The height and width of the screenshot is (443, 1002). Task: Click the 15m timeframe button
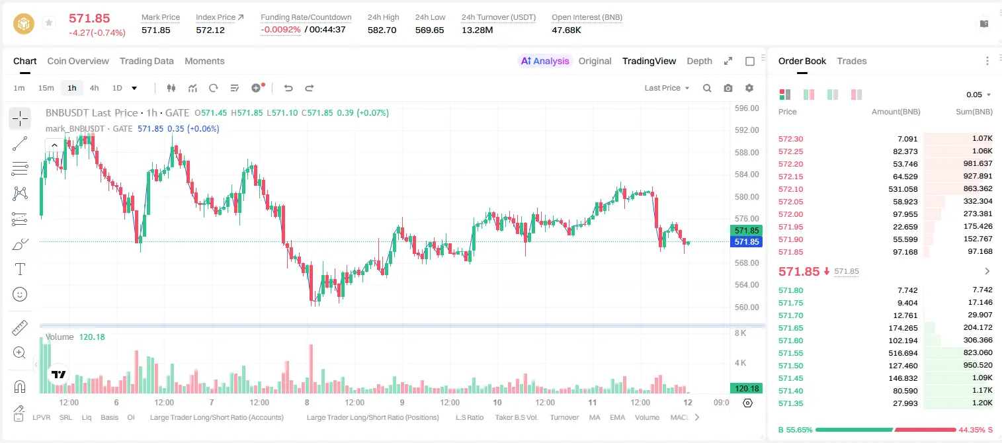point(46,88)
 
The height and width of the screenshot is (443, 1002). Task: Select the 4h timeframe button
point(94,88)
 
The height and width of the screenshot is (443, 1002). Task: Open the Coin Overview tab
point(78,61)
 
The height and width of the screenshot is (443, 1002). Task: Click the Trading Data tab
point(147,61)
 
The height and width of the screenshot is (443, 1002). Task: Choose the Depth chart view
point(699,61)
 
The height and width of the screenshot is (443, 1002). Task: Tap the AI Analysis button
point(545,61)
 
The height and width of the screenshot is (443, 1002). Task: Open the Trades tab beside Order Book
point(852,61)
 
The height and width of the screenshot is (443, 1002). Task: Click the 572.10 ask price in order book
point(790,189)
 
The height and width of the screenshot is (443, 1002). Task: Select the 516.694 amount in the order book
point(903,353)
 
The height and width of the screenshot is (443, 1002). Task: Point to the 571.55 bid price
point(790,353)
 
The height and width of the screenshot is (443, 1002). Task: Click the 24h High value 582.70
point(382,30)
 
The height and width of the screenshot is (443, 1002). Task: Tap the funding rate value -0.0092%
point(280,30)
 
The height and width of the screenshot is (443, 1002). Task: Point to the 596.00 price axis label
point(747,108)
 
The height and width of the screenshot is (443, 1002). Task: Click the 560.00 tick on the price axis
point(747,307)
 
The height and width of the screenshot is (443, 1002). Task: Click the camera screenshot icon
point(728,88)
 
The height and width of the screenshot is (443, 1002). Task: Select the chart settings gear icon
point(749,88)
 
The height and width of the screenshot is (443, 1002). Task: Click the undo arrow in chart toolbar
point(288,88)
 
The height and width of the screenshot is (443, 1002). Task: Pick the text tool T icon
point(20,269)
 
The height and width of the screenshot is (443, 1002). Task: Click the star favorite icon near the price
point(49,22)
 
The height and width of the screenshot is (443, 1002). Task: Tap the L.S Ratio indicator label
point(469,417)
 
